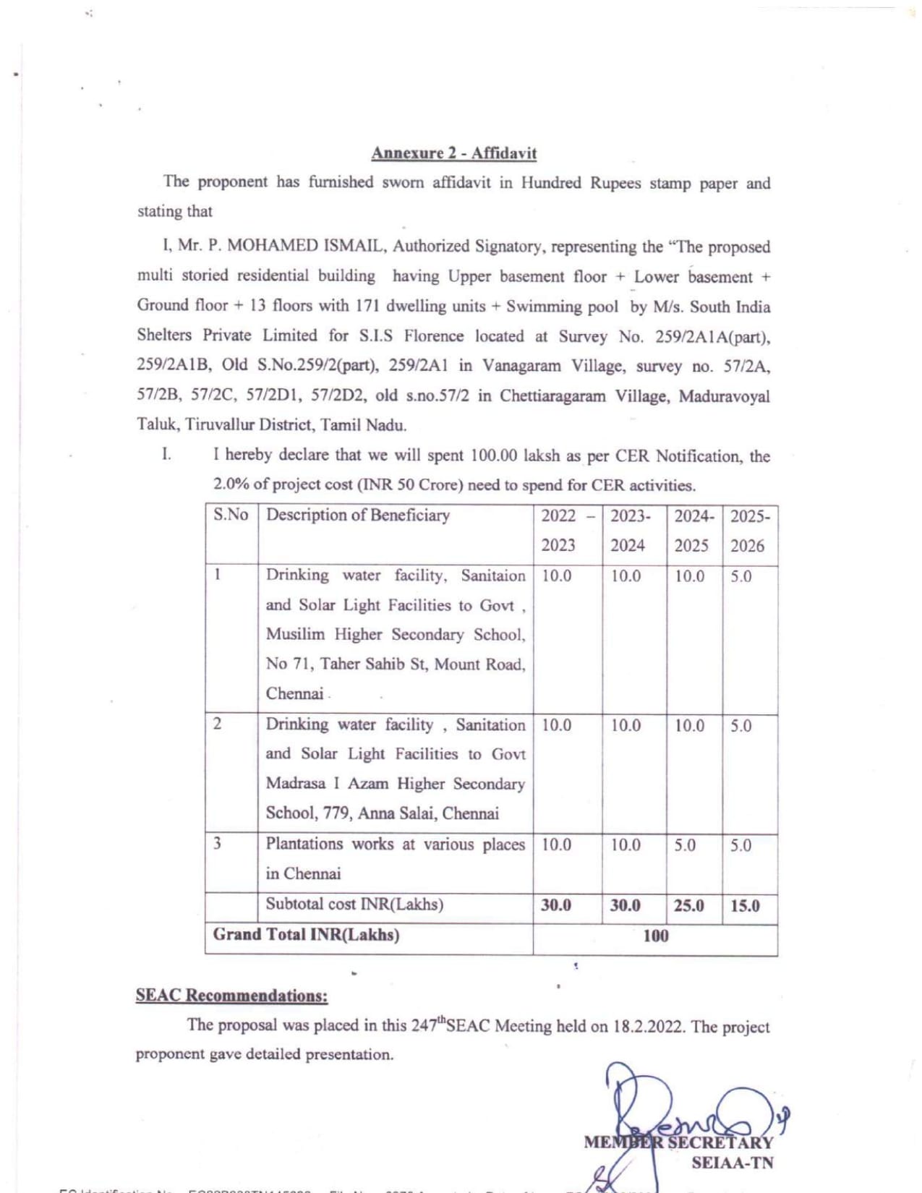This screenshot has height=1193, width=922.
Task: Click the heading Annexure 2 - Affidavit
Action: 453,153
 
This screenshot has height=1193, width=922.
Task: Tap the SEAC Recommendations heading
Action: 231,996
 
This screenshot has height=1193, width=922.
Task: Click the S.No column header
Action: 231,515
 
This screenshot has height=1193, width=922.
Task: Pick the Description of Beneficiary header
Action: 358,515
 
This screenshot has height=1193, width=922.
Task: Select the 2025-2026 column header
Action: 749,531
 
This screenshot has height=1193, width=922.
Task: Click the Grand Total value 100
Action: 655,936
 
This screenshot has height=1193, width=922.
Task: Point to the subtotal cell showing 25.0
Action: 688,906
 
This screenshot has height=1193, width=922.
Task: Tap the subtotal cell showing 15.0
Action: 745,906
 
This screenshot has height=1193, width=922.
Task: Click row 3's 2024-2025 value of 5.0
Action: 685,845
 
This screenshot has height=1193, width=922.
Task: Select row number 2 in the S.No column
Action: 217,724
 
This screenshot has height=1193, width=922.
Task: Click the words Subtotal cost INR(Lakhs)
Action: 354,904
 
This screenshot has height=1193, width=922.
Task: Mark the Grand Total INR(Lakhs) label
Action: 306,934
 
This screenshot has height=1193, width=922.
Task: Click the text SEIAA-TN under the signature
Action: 732,1163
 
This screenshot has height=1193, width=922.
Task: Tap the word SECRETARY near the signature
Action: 720,1143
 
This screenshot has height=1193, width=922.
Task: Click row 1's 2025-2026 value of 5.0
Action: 740,576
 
